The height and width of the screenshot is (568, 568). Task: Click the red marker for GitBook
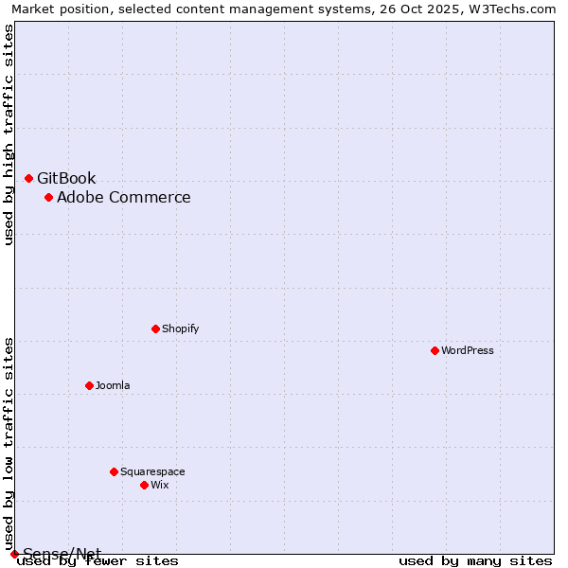click(28, 178)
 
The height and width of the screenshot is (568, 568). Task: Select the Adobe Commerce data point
click(48, 197)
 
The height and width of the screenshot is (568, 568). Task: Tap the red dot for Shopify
click(155, 328)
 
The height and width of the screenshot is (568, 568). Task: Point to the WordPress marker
click(435, 350)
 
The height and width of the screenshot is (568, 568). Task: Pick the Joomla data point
click(89, 385)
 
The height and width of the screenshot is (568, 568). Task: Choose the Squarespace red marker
click(114, 471)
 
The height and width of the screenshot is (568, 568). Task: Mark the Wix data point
click(144, 485)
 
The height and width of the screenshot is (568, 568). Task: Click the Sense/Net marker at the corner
click(14, 554)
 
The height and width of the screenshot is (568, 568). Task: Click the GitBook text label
click(66, 179)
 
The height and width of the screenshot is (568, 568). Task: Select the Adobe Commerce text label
click(123, 198)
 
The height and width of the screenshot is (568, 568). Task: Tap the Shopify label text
click(180, 329)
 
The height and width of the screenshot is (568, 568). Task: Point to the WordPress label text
click(468, 351)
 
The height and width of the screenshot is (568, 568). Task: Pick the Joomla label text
click(113, 386)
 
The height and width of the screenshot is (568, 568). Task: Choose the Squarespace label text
click(152, 472)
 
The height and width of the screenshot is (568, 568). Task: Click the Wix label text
click(159, 486)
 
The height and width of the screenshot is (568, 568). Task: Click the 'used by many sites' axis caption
click(475, 561)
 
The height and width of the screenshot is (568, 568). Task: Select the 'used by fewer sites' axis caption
click(98, 561)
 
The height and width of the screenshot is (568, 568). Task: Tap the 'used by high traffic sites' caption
click(9, 134)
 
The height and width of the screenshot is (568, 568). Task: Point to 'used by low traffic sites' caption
click(9, 443)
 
